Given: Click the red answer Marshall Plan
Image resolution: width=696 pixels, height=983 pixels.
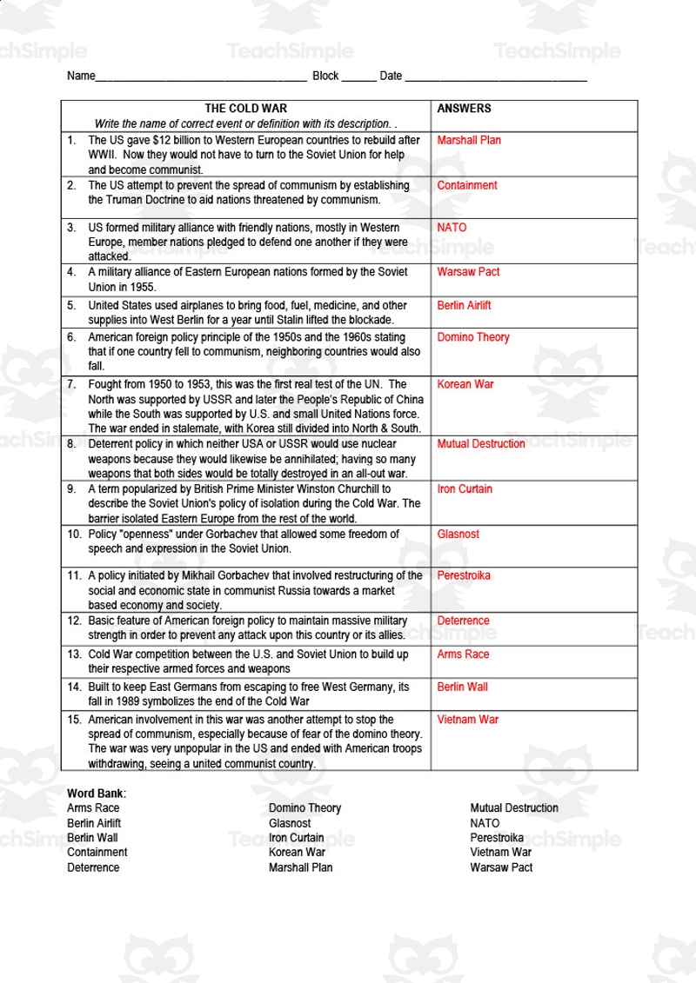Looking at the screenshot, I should click(x=469, y=140).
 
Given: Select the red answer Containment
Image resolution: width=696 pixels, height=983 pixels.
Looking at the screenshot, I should click(x=467, y=185).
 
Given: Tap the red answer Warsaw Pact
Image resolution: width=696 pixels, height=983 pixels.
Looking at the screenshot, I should click(x=468, y=272).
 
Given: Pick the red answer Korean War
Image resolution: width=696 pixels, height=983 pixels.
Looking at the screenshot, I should click(x=465, y=384).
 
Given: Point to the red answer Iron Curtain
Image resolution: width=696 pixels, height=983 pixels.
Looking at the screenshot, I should click(x=465, y=489).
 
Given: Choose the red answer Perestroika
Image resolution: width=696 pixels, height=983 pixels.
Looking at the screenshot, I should click(x=464, y=575).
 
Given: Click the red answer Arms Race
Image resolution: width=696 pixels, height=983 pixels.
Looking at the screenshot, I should click(x=463, y=654).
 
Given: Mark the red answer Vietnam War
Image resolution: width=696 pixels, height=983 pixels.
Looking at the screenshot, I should click(x=467, y=720).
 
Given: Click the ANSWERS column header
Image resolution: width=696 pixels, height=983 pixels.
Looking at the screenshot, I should click(x=464, y=109).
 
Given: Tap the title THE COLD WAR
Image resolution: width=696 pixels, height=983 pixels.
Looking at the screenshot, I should click(x=244, y=109).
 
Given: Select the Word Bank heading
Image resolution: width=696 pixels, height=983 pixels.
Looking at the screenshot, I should click(x=97, y=793).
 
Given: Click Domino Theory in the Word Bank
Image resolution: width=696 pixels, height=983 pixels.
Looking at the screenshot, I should click(x=304, y=808).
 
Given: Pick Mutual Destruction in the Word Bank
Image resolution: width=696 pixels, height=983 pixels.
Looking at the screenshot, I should click(x=514, y=808).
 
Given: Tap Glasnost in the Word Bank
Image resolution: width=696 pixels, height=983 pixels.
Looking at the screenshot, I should click(x=290, y=823).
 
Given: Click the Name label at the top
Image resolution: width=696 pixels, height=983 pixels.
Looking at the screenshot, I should click(x=80, y=76).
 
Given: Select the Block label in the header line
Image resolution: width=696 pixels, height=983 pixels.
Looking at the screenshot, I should click(x=325, y=76).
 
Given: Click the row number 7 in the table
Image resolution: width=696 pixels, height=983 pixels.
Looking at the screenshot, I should click(x=71, y=384).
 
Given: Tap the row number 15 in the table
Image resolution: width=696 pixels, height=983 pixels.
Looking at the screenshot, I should click(x=74, y=720).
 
